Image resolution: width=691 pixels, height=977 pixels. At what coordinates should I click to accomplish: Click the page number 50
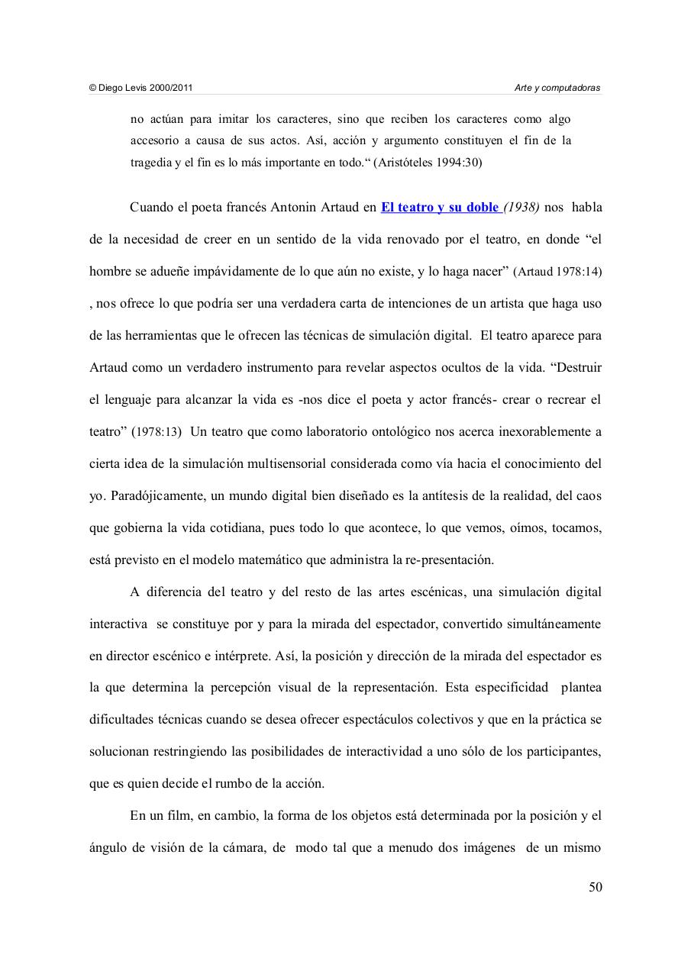click(x=596, y=887)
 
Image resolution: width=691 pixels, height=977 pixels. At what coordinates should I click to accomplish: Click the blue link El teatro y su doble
click(x=439, y=208)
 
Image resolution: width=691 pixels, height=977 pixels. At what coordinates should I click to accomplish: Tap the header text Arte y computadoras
click(x=557, y=88)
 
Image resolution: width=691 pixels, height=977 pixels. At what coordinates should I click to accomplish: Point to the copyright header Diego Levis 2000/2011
click(x=141, y=88)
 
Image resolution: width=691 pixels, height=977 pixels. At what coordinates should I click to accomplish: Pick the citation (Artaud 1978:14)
click(x=557, y=272)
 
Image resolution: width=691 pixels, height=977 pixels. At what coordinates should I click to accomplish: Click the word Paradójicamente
click(x=157, y=496)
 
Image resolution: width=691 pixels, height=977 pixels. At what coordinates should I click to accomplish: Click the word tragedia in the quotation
click(x=152, y=163)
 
